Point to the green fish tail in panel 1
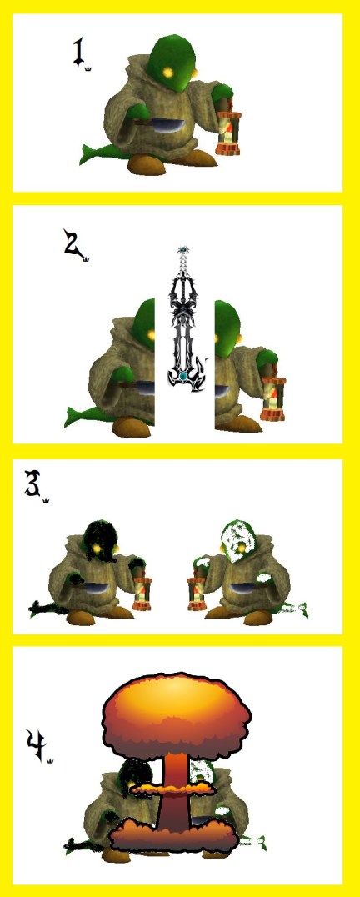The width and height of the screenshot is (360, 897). point(97,152)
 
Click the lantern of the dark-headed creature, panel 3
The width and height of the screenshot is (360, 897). point(142,589)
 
